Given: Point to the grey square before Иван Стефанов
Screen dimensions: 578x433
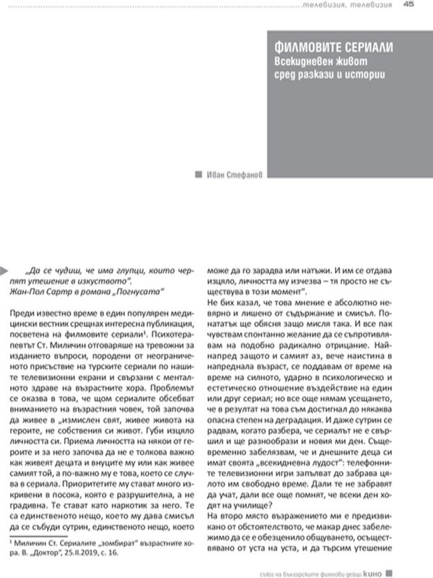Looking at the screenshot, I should point(199,173).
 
